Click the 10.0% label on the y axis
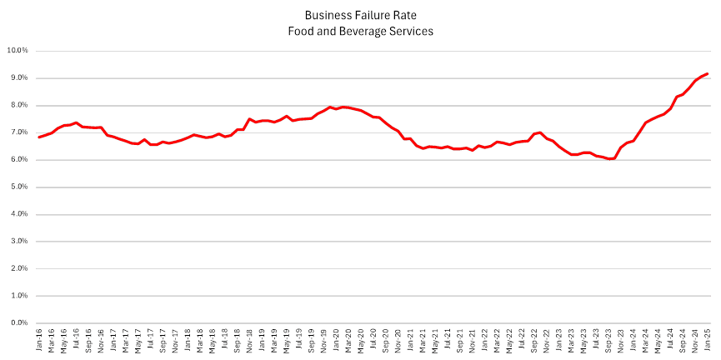click(x=18, y=50)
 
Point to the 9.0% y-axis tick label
click(x=19, y=77)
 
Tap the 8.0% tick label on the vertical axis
click(x=19, y=105)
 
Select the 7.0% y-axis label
click(x=19, y=132)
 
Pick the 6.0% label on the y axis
click(x=19, y=159)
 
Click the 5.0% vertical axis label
click(x=19, y=187)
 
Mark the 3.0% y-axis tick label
click(x=19, y=242)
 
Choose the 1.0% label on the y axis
click(x=19, y=296)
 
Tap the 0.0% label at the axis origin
click(x=19, y=323)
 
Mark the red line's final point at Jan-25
click(x=708, y=73)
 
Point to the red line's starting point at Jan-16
click(x=39, y=137)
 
